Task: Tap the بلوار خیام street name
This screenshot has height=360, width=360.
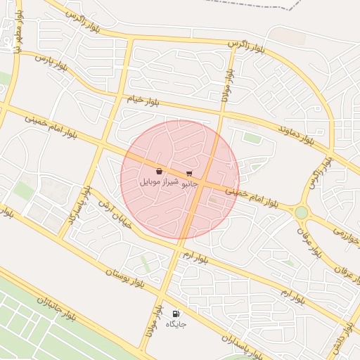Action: (x=144, y=100)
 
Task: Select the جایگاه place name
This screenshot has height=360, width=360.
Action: (x=176, y=324)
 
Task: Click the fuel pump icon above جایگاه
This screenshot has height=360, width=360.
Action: (x=176, y=314)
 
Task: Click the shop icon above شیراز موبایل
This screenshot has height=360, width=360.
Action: (x=159, y=172)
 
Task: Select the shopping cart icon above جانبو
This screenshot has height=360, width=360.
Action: (x=188, y=173)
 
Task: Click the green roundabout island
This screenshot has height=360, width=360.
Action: (x=301, y=212)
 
